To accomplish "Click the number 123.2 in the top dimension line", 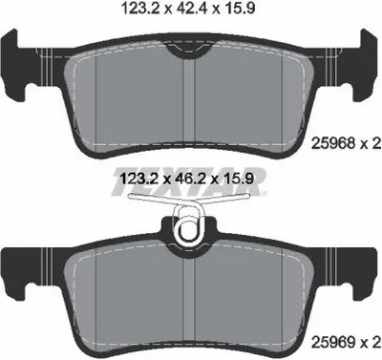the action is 140,8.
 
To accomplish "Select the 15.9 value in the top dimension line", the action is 240,8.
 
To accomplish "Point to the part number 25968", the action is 334,144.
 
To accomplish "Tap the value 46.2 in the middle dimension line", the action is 191,179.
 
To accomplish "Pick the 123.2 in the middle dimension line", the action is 138,179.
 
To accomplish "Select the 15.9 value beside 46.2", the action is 239,179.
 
